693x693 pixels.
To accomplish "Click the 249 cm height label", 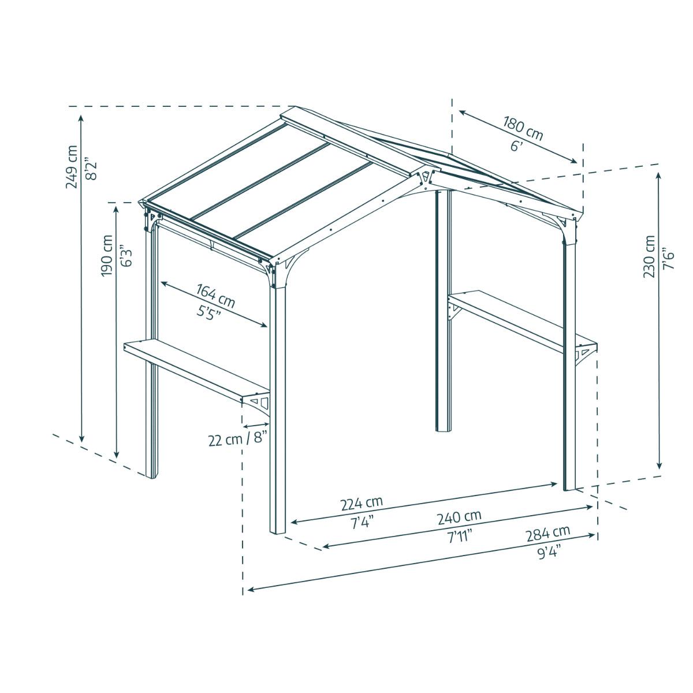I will pyautogui.click(x=72, y=166).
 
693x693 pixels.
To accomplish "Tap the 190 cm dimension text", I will pyautogui.click(x=107, y=255).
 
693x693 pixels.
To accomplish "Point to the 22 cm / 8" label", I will pyautogui.click(x=239, y=439).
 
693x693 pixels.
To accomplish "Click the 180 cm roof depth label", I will pyautogui.click(x=523, y=129).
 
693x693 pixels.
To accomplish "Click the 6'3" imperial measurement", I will pyautogui.click(x=124, y=255).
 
